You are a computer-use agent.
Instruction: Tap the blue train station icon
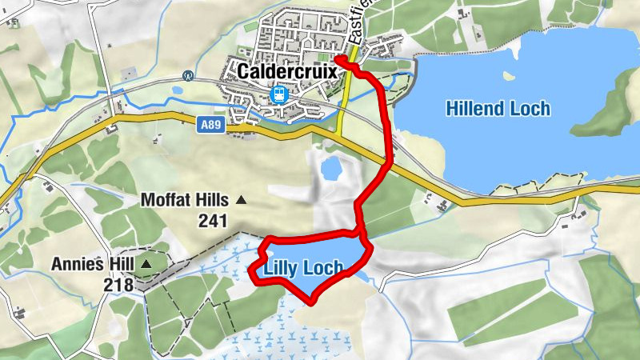279,94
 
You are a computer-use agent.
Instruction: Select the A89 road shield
210,125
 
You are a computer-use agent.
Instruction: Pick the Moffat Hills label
184,199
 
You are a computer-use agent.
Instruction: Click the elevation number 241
213,222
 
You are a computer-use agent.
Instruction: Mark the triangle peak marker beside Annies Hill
146,262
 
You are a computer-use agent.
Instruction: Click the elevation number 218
118,284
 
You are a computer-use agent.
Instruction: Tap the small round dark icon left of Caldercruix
188,77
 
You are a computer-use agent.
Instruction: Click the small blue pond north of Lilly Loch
329,169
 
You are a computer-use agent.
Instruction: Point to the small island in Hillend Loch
506,76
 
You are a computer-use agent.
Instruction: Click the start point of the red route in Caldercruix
338,58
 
